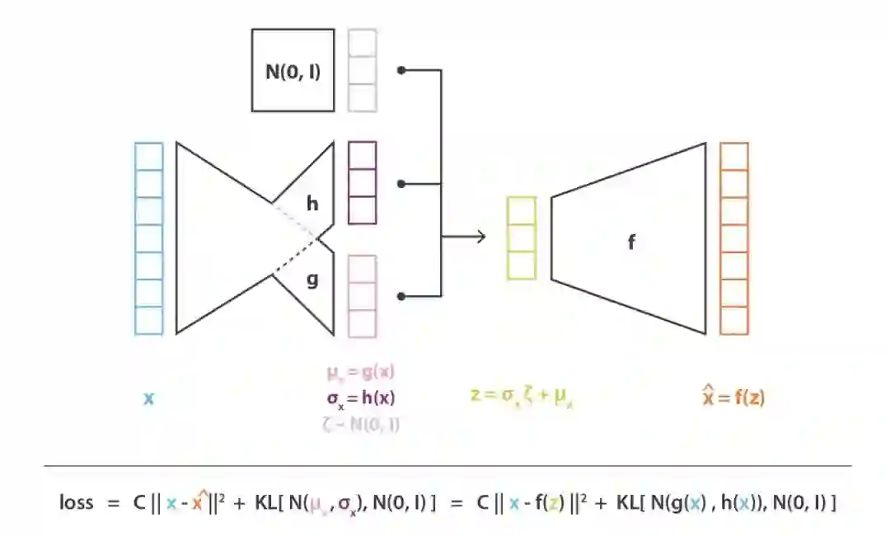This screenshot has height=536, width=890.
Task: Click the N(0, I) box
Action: point(293,70)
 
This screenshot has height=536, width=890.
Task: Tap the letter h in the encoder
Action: point(312,203)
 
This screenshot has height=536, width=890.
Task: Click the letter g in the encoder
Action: point(312,280)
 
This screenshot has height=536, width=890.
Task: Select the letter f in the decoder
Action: point(631,242)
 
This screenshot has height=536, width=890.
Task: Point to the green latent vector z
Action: point(522,237)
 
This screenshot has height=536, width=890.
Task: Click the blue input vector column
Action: point(148,238)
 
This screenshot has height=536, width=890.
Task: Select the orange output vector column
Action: point(733,238)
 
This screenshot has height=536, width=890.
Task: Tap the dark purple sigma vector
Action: point(362,182)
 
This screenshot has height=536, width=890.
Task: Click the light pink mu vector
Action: point(362,296)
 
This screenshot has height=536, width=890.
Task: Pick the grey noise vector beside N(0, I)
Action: point(362,70)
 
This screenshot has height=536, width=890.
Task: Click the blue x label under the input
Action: point(148,399)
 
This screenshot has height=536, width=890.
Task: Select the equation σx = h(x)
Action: point(360,398)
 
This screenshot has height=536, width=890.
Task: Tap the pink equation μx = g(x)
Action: point(360,372)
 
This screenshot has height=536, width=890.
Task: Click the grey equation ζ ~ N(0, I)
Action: point(360,425)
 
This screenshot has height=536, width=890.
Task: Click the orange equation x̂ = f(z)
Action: point(733,397)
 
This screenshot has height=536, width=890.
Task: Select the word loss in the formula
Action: point(77,501)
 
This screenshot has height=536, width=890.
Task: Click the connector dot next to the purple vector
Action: point(401,183)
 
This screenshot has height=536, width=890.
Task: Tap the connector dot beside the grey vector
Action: point(401,70)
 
